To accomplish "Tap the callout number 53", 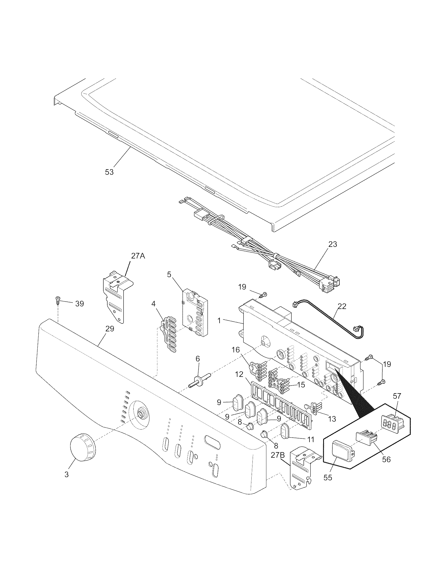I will click(109, 172).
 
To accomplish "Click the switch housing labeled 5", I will click(195, 313).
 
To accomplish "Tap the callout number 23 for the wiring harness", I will click(333, 244).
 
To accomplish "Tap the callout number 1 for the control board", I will click(219, 320).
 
